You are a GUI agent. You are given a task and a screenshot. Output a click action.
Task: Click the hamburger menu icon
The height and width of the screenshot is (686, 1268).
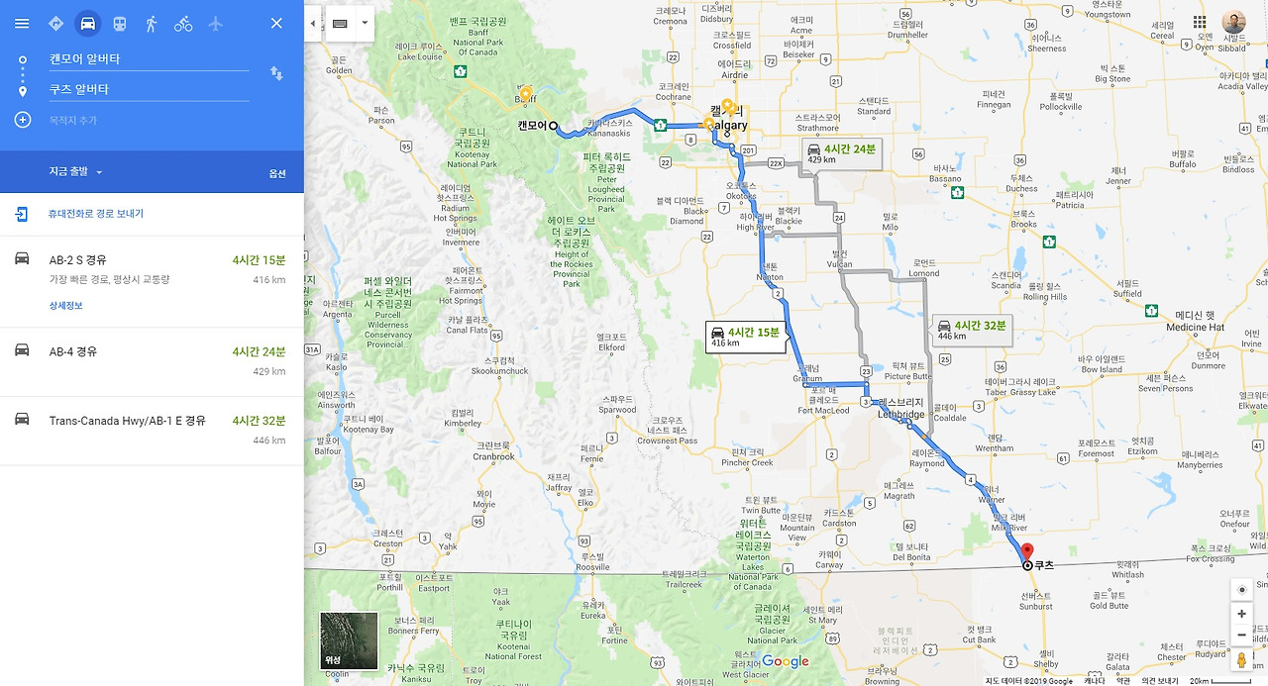(22, 23)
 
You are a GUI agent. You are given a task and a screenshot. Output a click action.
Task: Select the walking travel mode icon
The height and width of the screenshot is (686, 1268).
(151, 23)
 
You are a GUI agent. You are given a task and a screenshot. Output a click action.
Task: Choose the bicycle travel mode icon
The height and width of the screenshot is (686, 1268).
(183, 23)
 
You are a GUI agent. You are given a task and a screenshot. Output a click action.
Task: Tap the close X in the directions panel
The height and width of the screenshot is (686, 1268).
(276, 23)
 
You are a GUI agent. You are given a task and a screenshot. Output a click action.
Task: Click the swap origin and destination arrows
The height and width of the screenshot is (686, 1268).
(276, 73)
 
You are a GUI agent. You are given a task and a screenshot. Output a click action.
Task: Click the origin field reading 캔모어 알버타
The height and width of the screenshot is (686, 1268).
(149, 59)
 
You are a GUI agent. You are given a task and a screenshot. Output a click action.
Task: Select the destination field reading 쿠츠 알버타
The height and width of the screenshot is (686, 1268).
(149, 89)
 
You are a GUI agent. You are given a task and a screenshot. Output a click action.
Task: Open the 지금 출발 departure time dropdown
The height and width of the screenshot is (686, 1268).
(76, 172)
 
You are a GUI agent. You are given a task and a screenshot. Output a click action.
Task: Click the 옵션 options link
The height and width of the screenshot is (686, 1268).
(277, 173)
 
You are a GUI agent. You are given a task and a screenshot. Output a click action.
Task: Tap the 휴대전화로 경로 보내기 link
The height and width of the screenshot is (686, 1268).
(95, 214)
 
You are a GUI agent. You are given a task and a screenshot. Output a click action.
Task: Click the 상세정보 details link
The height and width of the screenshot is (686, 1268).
(66, 306)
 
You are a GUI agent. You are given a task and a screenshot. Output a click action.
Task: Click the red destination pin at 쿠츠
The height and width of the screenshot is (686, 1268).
(1027, 552)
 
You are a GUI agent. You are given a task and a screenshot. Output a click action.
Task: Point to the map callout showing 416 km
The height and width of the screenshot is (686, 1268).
(746, 338)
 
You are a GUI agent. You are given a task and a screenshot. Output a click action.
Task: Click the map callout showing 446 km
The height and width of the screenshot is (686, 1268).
(972, 331)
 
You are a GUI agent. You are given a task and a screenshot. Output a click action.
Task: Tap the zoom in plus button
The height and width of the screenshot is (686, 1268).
(1241, 614)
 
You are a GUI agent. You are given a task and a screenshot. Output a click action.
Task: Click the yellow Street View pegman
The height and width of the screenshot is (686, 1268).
(1241, 660)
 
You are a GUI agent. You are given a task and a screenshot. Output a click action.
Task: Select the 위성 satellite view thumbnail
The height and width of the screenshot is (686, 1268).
(349, 640)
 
